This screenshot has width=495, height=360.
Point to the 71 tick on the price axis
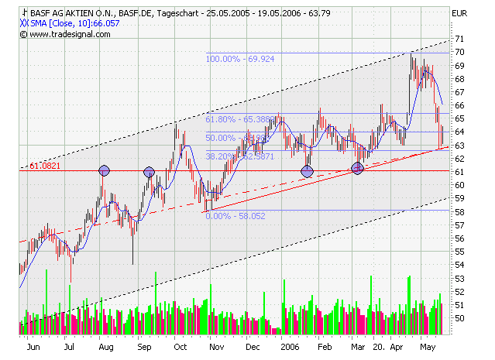point(460,39)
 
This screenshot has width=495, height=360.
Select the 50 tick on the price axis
point(460,317)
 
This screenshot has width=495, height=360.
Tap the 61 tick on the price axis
point(460,172)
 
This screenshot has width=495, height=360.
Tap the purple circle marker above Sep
point(149,171)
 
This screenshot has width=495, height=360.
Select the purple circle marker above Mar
point(357,169)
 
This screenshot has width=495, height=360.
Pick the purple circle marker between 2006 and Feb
point(307,170)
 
